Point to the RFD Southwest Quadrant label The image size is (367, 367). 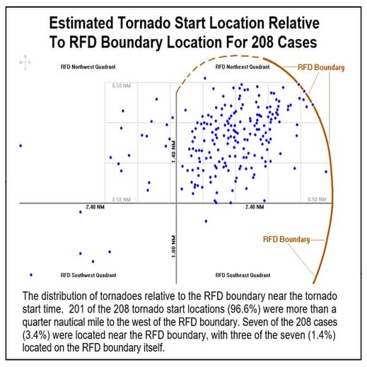[x=88, y=274]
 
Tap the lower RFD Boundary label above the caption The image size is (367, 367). [x=286, y=239]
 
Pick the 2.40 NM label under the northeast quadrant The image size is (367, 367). [x=255, y=207]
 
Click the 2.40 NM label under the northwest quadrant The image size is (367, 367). [x=95, y=207]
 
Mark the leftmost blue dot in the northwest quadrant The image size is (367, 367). [x=21, y=146]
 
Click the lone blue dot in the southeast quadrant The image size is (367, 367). [x=206, y=221]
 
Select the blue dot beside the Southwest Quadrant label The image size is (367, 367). [x=31, y=274]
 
